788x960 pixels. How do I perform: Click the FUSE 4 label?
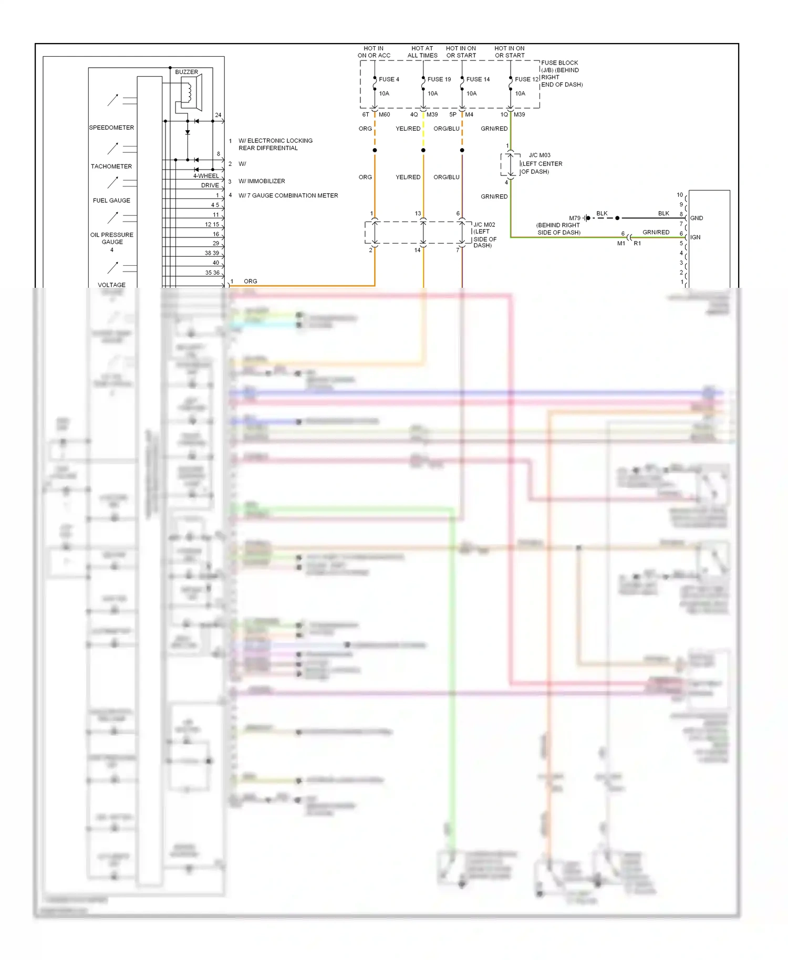389,79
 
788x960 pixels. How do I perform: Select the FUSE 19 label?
439,79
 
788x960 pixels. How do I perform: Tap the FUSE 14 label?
478,79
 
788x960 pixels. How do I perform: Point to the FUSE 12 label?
526,79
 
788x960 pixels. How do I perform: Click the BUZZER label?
186,72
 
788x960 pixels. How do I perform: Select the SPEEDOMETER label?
111,128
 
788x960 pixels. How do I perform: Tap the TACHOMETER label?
111,166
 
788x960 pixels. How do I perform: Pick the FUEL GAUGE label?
111,201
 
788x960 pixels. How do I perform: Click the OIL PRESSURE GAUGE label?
112,238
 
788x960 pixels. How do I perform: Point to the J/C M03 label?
540,155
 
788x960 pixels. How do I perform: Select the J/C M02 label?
484,225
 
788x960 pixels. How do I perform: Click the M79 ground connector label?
575,218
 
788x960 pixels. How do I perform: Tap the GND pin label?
697,218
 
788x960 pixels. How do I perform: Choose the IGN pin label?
695,237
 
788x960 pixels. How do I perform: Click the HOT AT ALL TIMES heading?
422,52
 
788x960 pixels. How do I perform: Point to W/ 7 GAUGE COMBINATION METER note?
288,195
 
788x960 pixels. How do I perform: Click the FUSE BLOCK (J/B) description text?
562,74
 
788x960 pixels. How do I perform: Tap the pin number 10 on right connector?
680,195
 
